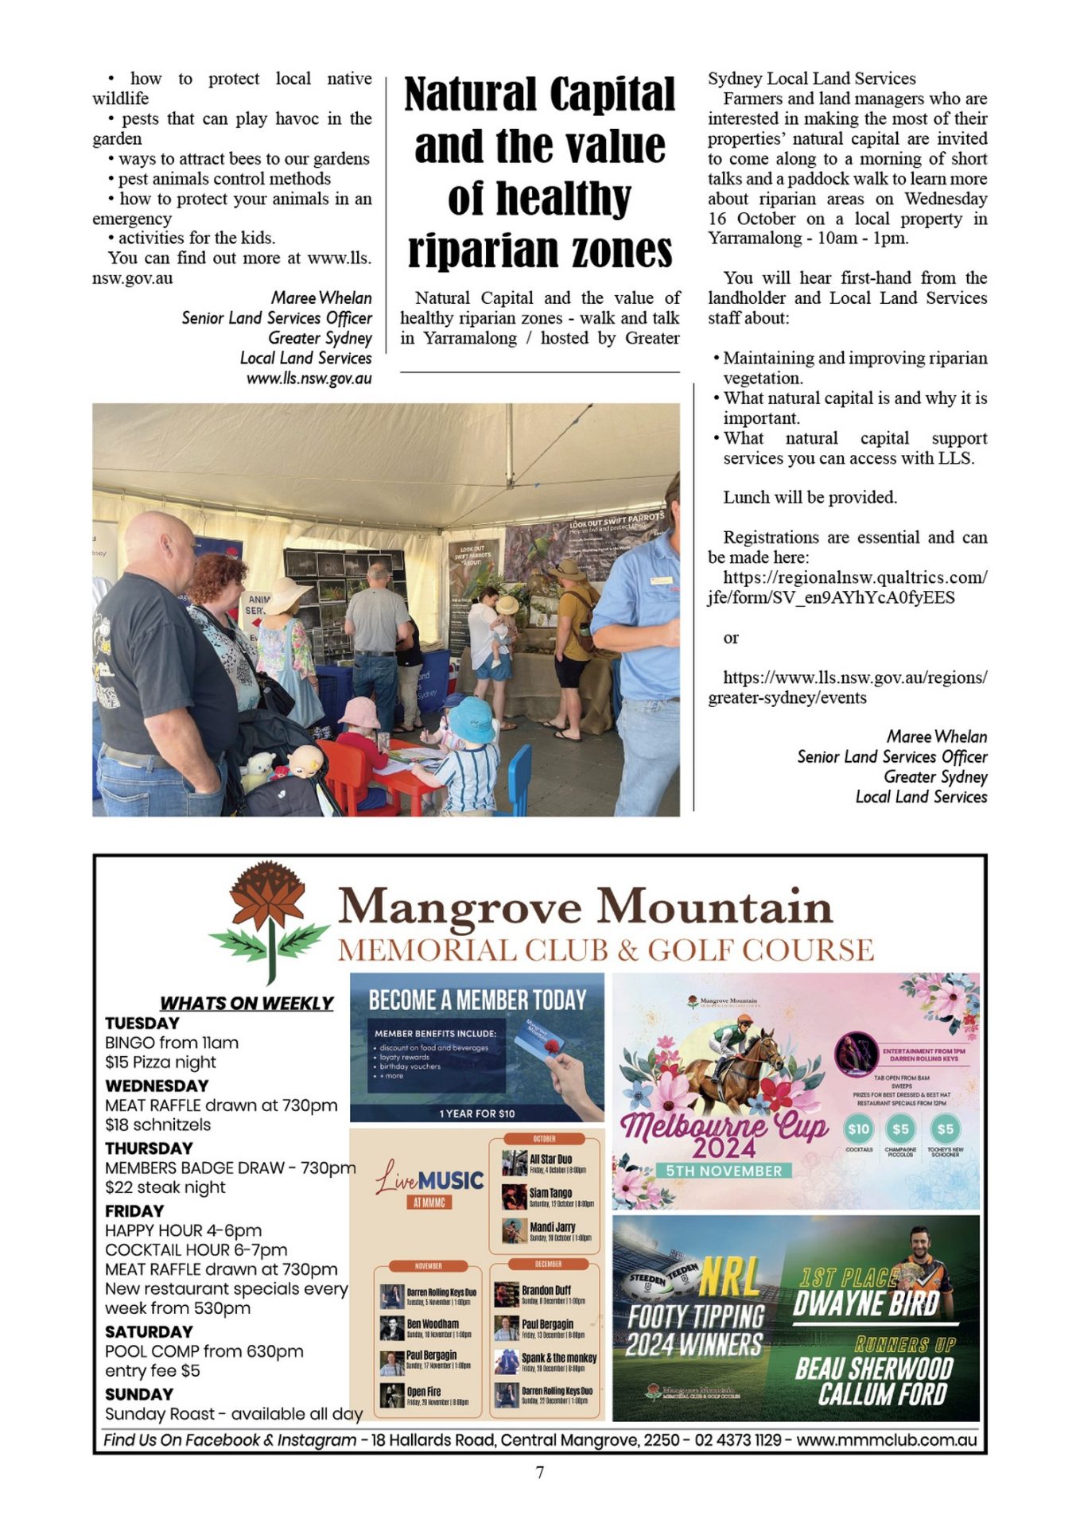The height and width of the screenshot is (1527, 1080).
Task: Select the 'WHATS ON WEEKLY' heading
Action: pos(247,1003)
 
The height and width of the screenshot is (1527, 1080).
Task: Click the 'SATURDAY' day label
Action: pos(149,1331)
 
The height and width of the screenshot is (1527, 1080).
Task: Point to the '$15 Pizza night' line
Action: pos(161,1063)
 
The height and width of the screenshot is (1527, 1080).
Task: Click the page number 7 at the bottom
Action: pos(540,1472)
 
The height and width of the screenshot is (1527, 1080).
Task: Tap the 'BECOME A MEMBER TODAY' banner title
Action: pos(477,1000)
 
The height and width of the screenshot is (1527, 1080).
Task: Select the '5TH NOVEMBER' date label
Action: pos(724,1171)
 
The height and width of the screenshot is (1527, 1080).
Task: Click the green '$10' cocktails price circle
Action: pos(859,1129)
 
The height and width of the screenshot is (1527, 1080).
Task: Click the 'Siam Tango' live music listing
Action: pos(550,1193)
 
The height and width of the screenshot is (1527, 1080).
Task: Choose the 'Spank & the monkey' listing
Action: pos(558,1358)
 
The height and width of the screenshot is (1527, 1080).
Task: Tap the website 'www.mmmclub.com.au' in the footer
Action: pos(886,1440)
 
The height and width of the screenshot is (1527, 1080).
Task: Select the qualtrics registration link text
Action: pos(847,588)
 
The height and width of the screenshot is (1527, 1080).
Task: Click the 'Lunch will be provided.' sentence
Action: pos(810,498)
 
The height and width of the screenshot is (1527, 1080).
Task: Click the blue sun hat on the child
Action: pos(472,717)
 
